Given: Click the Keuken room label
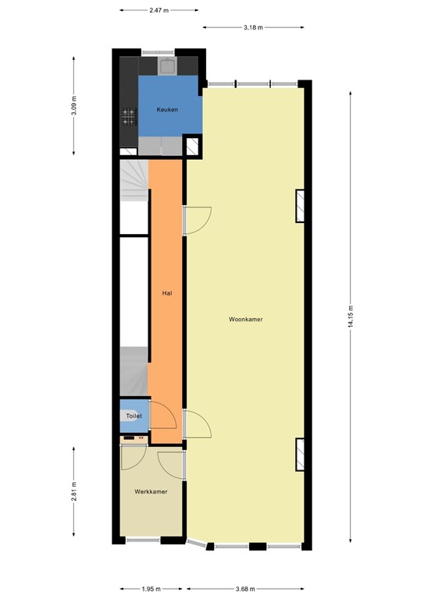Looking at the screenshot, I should pos(167,110).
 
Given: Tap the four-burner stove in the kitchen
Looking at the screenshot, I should pos(128,117).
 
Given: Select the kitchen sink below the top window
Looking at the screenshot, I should pos(167,65).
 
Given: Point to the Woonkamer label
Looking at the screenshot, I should pos(245,320).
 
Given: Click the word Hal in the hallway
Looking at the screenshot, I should pos(166,293).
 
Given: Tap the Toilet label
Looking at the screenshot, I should pos(134,417).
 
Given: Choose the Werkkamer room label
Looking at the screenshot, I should pos(150,492).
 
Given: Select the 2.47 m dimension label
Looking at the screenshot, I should pos(159,11).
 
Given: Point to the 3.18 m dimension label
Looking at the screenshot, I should pos(253,27).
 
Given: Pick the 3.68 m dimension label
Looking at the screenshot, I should pos(248,589).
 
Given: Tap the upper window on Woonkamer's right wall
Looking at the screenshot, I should pos(299,206).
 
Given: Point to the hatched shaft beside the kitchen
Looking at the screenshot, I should pos(192,145).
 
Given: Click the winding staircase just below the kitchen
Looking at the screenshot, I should pos(134,183).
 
